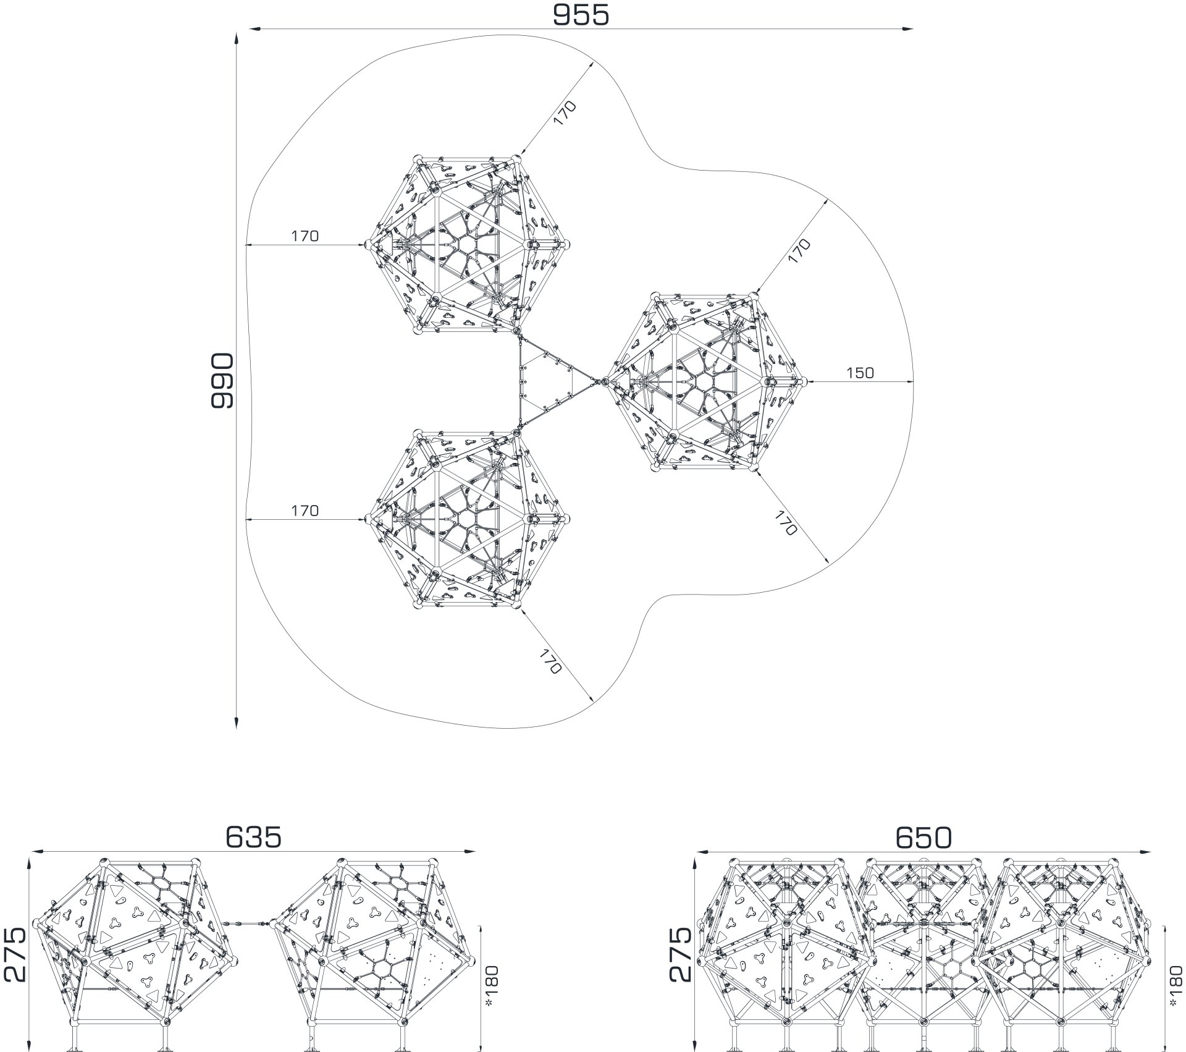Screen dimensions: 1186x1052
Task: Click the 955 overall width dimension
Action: pyautogui.click(x=581, y=15)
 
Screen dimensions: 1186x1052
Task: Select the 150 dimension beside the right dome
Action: pyautogui.click(x=860, y=373)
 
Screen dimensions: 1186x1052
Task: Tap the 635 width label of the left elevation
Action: pyautogui.click(x=253, y=838)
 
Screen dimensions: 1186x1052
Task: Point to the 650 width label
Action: pyautogui.click(x=923, y=838)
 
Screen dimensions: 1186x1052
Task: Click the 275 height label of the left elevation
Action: pyautogui.click(x=15, y=955)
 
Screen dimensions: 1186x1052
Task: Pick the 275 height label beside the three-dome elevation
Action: pyautogui.click(x=681, y=955)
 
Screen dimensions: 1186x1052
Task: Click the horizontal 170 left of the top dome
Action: pyautogui.click(x=305, y=236)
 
